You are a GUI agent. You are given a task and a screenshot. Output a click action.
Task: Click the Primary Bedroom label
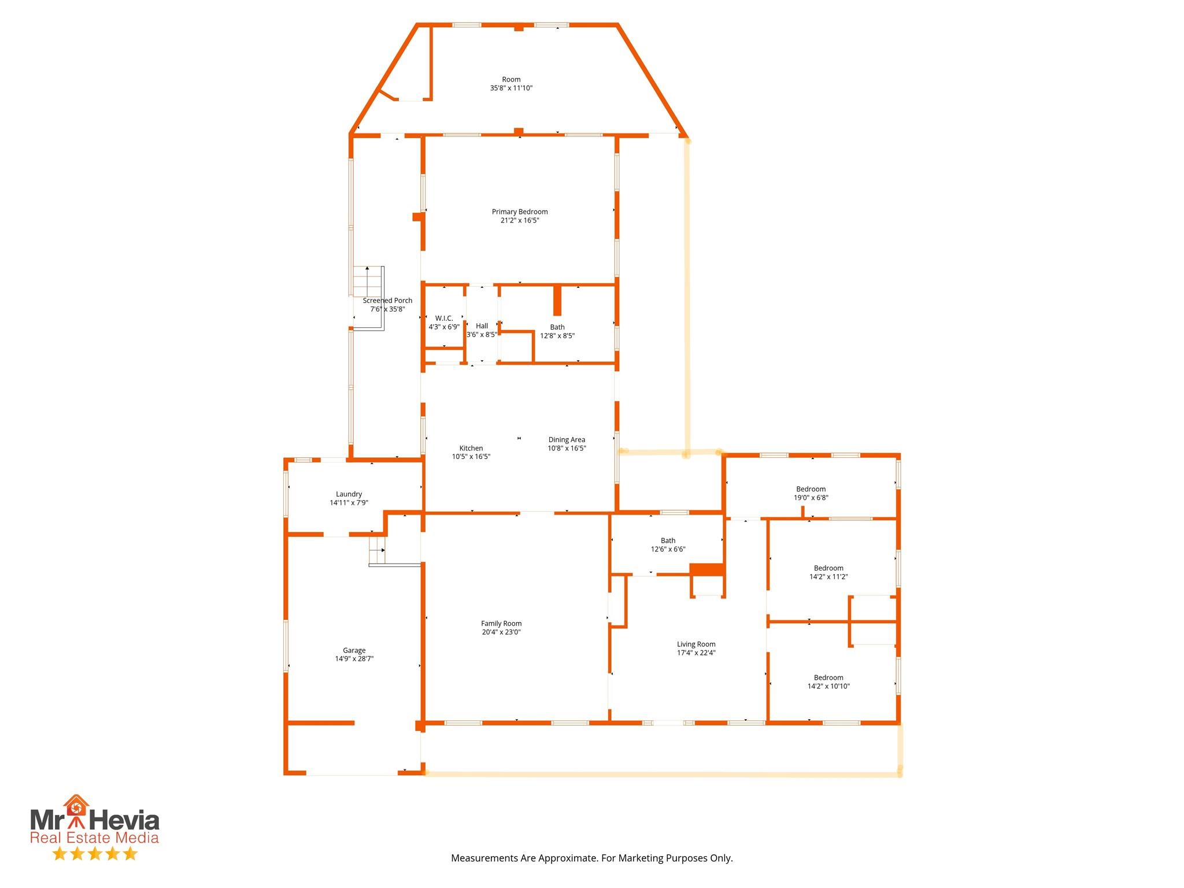520,212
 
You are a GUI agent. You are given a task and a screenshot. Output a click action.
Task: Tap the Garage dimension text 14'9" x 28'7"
354,658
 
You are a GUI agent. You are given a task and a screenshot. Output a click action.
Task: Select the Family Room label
501,623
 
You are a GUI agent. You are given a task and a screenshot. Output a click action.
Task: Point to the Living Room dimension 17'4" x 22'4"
696,653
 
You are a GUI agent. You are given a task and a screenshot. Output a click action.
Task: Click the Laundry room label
349,494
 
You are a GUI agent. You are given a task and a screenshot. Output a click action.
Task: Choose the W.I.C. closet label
444,319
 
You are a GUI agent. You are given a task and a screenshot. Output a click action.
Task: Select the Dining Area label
567,440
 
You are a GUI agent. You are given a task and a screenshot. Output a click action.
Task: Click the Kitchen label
471,448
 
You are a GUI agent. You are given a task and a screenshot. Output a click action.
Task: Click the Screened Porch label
387,301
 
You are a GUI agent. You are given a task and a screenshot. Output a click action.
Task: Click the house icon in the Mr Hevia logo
76,805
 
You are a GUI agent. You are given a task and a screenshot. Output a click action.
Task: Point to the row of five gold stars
95,854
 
